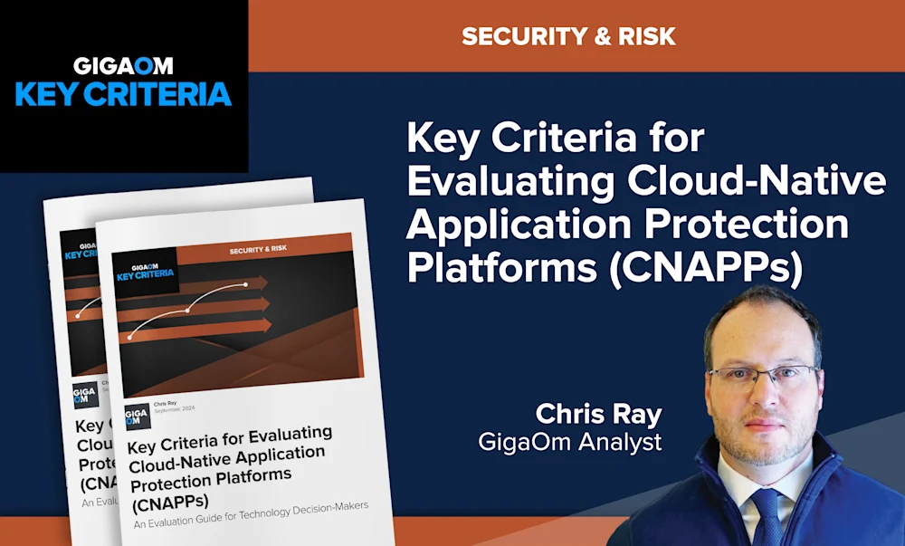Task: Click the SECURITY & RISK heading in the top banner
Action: pyautogui.click(x=568, y=37)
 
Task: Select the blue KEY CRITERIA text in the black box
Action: pyautogui.click(x=124, y=94)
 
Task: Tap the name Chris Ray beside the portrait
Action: pyautogui.click(x=599, y=414)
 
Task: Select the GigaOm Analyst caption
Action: pyautogui.click(x=571, y=442)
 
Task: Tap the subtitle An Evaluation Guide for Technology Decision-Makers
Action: pyautogui.click(x=252, y=515)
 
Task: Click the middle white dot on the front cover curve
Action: pyautogui.click(x=188, y=311)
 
